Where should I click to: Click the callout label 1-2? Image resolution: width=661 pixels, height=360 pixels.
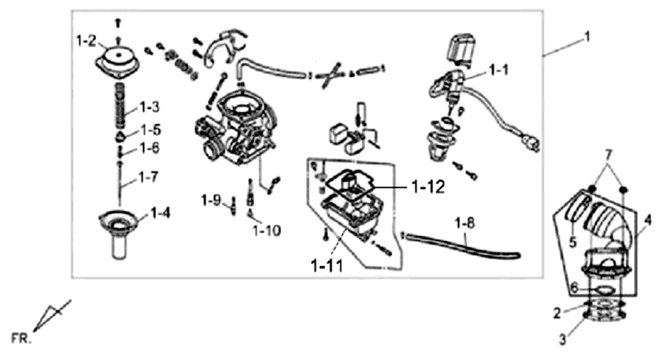87,40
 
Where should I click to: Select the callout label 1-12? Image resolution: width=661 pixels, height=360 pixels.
430,187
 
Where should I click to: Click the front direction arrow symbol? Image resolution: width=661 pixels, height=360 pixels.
53,315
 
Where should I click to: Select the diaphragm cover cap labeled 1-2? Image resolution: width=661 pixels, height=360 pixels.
120,61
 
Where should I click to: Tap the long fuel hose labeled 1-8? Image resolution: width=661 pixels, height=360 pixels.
463,246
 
